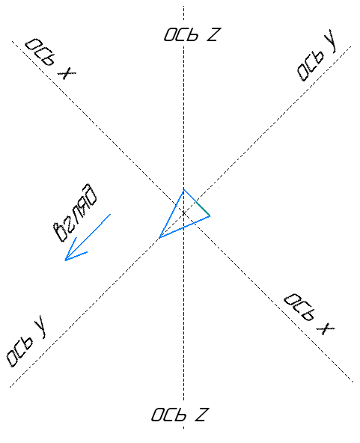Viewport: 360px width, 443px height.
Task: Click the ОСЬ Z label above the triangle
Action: [191, 34]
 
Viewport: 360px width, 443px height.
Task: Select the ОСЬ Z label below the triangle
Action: [180, 415]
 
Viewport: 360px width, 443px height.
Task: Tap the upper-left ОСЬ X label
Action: [50, 59]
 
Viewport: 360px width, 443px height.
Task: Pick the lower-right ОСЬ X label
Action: [309, 314]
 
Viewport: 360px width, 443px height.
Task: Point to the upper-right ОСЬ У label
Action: [317, 55]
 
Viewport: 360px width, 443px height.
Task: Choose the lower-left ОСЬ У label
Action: [26, 341]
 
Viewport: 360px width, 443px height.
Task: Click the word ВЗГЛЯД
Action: [76, 213]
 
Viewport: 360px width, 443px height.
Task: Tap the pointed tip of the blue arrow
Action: [65, 260]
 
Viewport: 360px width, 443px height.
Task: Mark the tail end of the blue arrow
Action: [111, 214]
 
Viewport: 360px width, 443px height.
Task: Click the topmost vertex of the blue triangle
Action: [184, 190]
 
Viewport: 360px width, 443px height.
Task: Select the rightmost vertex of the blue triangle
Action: [210, 216]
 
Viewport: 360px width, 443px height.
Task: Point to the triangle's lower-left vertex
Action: [159, 238]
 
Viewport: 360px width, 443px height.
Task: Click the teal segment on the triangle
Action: [203, 210]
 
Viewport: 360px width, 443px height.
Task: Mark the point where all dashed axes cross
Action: [184, 213]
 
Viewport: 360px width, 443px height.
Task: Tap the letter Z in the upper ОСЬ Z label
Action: [213, 34]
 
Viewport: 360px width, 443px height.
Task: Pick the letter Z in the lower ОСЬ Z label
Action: [201, 415]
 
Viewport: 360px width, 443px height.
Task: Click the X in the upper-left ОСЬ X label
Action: [67, 73]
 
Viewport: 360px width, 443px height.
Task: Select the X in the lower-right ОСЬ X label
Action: [326, 329]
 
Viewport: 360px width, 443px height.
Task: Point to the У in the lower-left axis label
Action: [40, 327]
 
